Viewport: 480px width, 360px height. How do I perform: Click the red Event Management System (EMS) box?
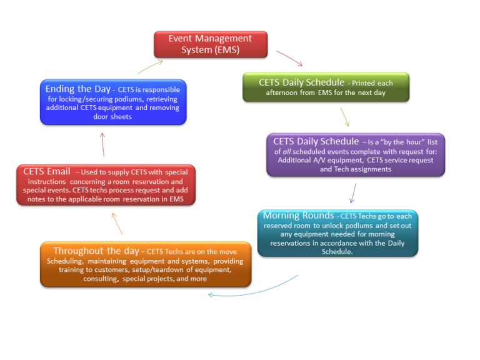pos(211,44)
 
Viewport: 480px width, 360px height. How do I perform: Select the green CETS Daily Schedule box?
pos(326,87)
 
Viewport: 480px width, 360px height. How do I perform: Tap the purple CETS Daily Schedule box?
pos(355,154)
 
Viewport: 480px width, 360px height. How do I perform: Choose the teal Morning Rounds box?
pos(337,233)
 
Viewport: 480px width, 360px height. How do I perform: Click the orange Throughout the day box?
pos(146,264)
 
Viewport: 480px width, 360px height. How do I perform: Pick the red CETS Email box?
pos(106,184)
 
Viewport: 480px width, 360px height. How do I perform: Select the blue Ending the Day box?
pos(112,102)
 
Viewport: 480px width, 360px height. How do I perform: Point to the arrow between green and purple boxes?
pos(344,117)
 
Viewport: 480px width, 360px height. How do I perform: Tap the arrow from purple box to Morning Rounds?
pos(353,193)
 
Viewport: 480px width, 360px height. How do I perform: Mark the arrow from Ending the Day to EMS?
pos(150,66)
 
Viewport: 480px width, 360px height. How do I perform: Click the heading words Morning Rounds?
pos(298,216)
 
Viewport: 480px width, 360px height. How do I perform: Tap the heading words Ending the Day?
pos(77,89)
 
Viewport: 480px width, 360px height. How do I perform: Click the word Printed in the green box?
pos(365,83)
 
